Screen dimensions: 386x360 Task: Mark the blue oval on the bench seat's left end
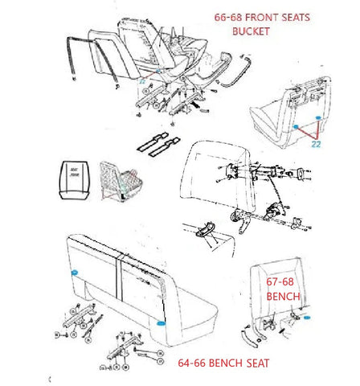tap(75, 273)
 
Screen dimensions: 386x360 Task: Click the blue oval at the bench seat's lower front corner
tap(162, 323)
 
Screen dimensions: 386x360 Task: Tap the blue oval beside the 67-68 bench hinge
tap(307, 318)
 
